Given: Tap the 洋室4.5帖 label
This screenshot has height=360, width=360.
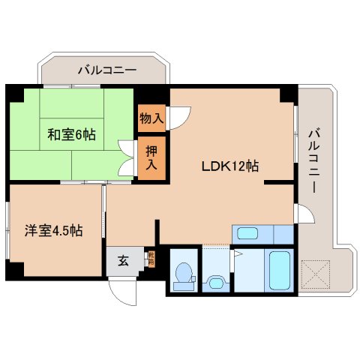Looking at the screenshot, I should [52, 231].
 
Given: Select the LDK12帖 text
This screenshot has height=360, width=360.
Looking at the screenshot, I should [229, 166].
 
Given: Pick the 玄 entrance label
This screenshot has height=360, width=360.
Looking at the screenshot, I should [122, 262].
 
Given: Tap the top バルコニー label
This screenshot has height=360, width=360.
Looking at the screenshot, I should [107, 70].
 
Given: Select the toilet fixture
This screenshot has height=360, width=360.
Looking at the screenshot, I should [182, 274].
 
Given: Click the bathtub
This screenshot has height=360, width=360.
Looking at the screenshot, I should [278, 271].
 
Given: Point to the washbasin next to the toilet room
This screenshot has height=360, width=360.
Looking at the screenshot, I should [214, 282].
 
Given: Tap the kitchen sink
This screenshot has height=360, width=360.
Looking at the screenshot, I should [248, 232].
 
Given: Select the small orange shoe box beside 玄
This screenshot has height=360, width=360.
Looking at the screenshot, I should [150, 260].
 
